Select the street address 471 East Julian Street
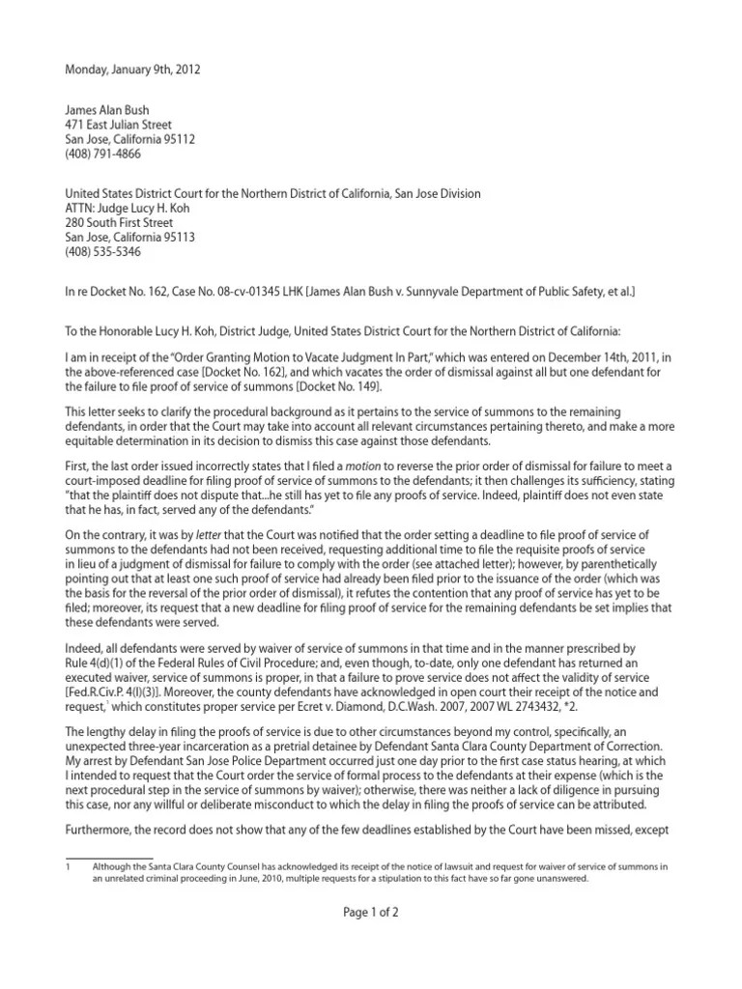click(118, 125)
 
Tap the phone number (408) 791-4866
click(103, 153)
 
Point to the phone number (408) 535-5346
click(103, 250)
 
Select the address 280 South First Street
click(119, 222)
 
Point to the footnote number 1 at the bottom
click(68, 868)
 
